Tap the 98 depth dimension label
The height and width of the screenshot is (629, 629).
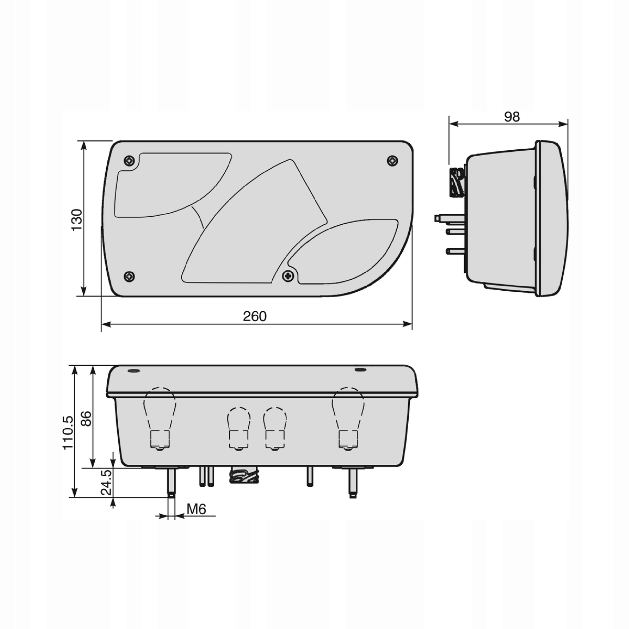[512, 116]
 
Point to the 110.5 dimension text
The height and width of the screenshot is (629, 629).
[68, 433]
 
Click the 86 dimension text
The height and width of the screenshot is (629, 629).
[86, 418]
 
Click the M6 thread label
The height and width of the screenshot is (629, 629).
[197, 509]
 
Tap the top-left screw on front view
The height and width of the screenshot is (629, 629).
[129, 160]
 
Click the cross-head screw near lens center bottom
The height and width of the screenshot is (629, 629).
[288, 276]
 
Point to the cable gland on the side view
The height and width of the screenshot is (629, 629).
[457, 182]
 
